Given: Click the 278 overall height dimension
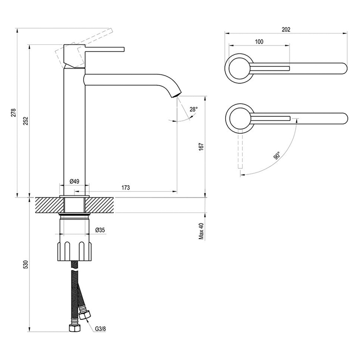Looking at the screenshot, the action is (14, 113).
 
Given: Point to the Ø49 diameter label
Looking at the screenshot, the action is (75, 182).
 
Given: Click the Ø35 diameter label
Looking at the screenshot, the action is (100, 229).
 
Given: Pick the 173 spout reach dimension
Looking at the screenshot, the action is (125, 188).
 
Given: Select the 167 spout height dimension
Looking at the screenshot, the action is (202, 147).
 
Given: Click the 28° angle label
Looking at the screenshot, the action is (193, 109).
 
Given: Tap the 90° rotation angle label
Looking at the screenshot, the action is (277, 156).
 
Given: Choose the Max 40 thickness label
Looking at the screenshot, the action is (202, 231).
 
